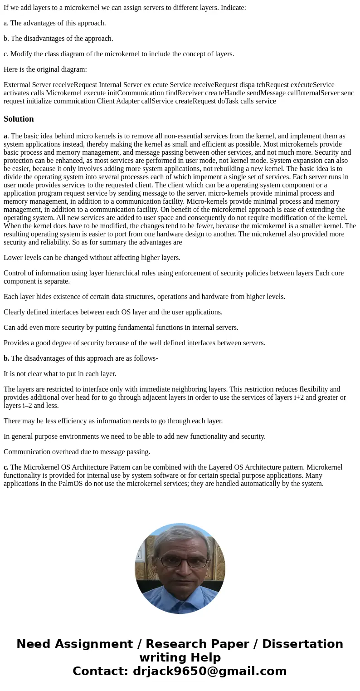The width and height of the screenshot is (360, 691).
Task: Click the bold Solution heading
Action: click(x=19, y=119)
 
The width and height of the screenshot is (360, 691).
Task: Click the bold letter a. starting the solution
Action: click(x=5, y=136)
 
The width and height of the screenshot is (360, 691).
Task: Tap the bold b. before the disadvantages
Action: click(x=6, y=358)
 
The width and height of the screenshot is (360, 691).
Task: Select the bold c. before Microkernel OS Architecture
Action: click(x=6, y=467)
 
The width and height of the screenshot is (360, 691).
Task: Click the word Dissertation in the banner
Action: click(x=302, y=644)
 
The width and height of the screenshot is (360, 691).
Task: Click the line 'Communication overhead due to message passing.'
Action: click(x=77, y=452)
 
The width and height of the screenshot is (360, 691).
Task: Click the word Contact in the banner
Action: click(x=100, y=671)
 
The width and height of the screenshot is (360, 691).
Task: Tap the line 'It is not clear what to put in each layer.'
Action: click(x=60, y=374)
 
